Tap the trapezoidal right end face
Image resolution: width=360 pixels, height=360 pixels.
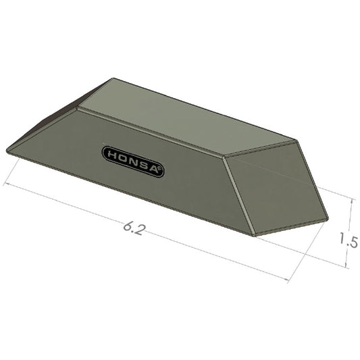[x=277, y=186]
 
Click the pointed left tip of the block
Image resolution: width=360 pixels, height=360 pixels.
[x=6, y=149]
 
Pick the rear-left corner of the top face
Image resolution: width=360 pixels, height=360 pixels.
[x=111, y=78]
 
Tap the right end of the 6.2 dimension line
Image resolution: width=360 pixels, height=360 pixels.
[x=290, y=280]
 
